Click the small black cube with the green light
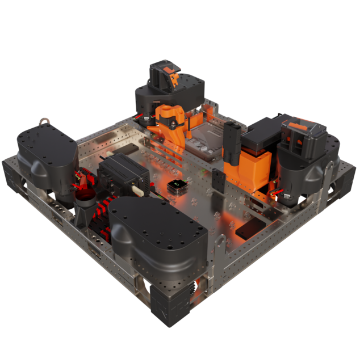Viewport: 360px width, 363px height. point(178,185)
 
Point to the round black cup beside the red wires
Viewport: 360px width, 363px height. point(86,198)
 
